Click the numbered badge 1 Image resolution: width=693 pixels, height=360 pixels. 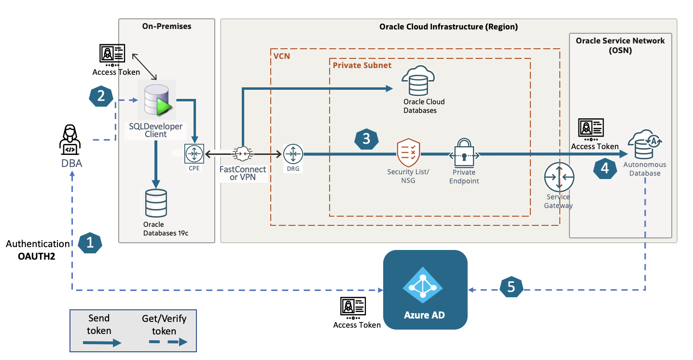[90, 243]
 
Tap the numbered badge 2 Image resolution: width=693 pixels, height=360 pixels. [101, 96]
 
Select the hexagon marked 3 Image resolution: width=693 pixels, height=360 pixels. [366, 138]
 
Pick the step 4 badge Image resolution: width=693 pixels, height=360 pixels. [605, 168]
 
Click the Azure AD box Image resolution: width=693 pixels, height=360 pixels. [425, 290]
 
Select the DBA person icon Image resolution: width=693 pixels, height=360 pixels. [70, 139]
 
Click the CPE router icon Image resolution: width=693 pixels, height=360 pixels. [194, 154]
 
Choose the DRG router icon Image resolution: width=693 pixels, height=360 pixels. [292, 154]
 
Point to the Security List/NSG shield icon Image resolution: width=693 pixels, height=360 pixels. [408, 153]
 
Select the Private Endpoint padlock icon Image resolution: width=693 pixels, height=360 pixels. [464, 152]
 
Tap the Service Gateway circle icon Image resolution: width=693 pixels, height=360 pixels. [559, 178]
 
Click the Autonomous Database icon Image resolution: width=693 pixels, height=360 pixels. [644, 145]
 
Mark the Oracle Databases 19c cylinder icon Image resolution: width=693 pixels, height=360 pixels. [156, 203]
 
